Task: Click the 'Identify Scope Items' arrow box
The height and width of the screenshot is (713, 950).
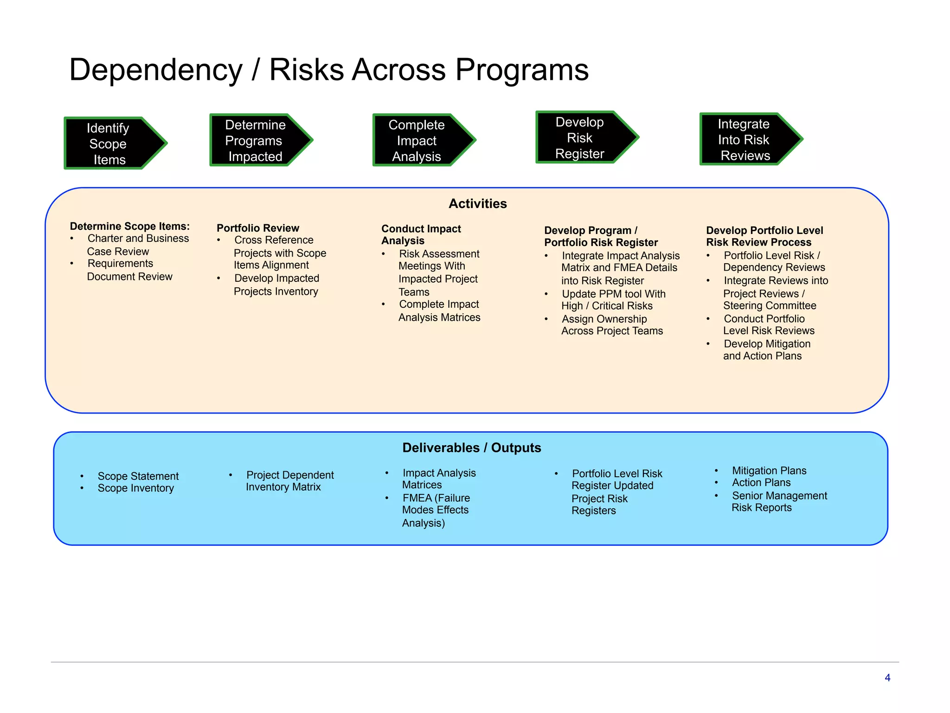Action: pyautogui.click(x=111, y=143)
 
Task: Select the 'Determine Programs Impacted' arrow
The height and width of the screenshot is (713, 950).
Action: pyautogui.click(x=257, y=140)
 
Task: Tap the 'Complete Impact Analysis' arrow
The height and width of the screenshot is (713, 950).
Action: pyautogui.click(x=420, y=140)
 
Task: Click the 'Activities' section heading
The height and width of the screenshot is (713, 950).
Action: pyautogui.click(x=477, y=204)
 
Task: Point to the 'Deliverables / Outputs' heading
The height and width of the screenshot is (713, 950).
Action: pyautogui.click(x=471, y=447)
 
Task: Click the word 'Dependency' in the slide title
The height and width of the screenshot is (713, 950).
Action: pyautogui.click(x=156, y=70)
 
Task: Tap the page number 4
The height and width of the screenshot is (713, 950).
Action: pyautogui.click(x=887, y=678)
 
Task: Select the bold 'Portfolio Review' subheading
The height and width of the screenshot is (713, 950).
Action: pyautogui.click(x=258, y=228)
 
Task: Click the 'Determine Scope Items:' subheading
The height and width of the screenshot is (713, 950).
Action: pyautogui.click(x=130, y=226)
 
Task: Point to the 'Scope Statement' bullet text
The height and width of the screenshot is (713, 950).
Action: pyautogui.click(x=138, y=476)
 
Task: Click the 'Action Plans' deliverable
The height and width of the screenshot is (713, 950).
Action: pyautogui.click(x=761, y=483)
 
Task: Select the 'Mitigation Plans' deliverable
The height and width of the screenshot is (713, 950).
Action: pyautogui.click(x=769, y=471)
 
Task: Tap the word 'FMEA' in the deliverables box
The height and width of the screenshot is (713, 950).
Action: pyautogui.click(x=417, y=498)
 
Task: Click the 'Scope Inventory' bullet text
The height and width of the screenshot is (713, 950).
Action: pyautogui.click(x=135, y=488)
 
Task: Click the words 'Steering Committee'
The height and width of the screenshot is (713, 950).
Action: pyautogui.click(x=770, y=306)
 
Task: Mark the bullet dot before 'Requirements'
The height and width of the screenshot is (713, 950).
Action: pyautogui.click(x=72, y=264)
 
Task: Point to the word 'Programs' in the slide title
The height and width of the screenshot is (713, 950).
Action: pyautogui.click(x=522, y=70)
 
